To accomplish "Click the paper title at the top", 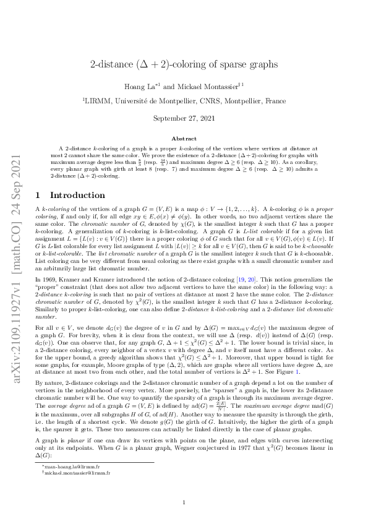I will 184,64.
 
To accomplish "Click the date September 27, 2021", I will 184,118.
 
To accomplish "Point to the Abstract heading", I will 184,139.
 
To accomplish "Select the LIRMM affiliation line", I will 184,99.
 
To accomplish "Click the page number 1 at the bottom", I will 184,503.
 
